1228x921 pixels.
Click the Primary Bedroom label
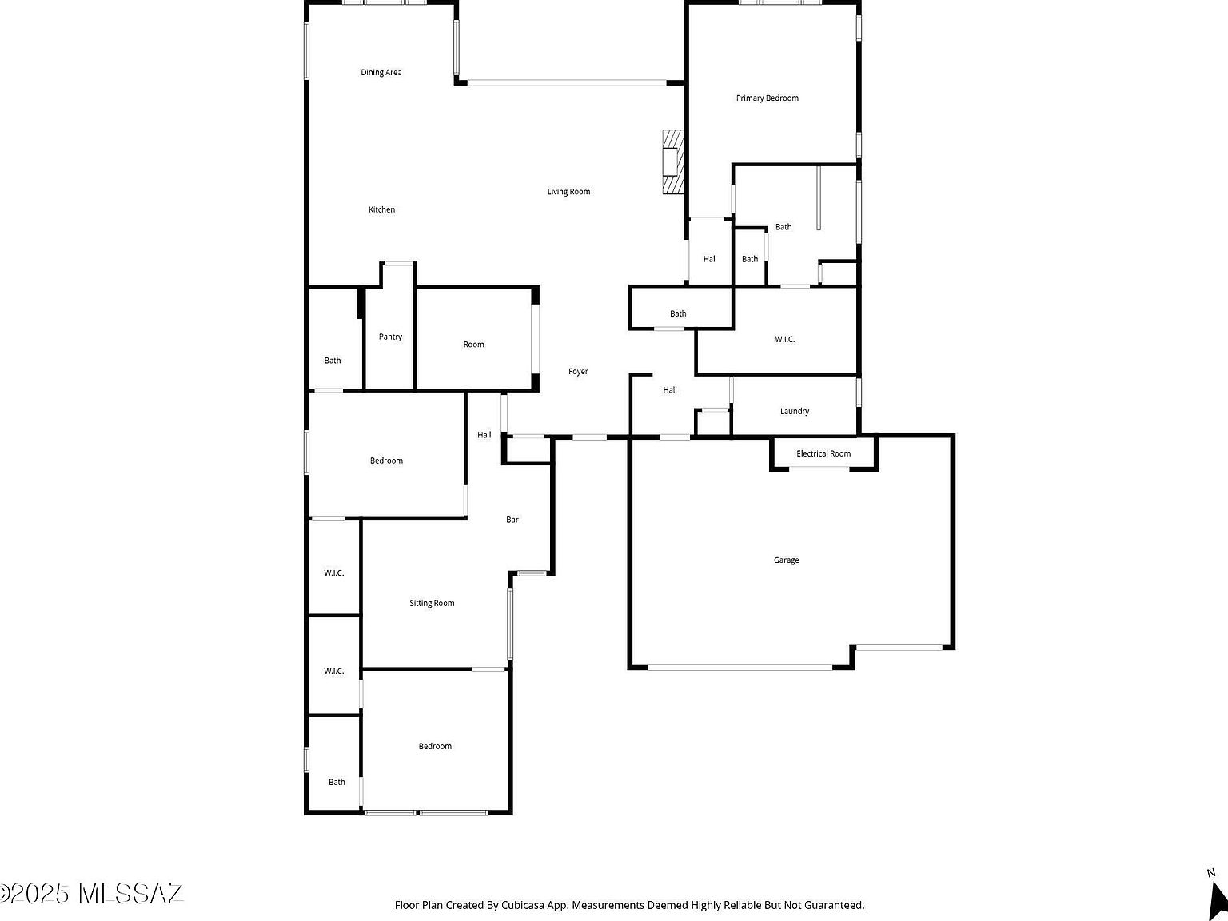pos(767,98)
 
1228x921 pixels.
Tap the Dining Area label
pos(381,73)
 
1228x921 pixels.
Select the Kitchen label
pos(381,210)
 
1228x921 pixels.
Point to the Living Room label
pos(568,192)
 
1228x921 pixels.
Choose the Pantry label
pos(390,337)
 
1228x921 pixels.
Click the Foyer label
pos(578,372)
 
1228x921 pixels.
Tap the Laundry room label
pos(794,412)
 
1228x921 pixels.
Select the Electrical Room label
pos(823,454)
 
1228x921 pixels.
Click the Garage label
pos(786,560)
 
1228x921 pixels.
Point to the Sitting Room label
pos(432,604)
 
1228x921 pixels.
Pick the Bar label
pos(512,520)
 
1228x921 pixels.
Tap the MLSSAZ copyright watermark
pos(92,893)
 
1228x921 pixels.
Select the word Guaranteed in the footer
pos(834,906)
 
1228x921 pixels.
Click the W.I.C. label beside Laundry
pos(784,340)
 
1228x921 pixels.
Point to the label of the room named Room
pos(473,345)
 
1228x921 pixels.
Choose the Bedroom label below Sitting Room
pos(435,747)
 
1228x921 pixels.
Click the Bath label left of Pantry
pos(333,361)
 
